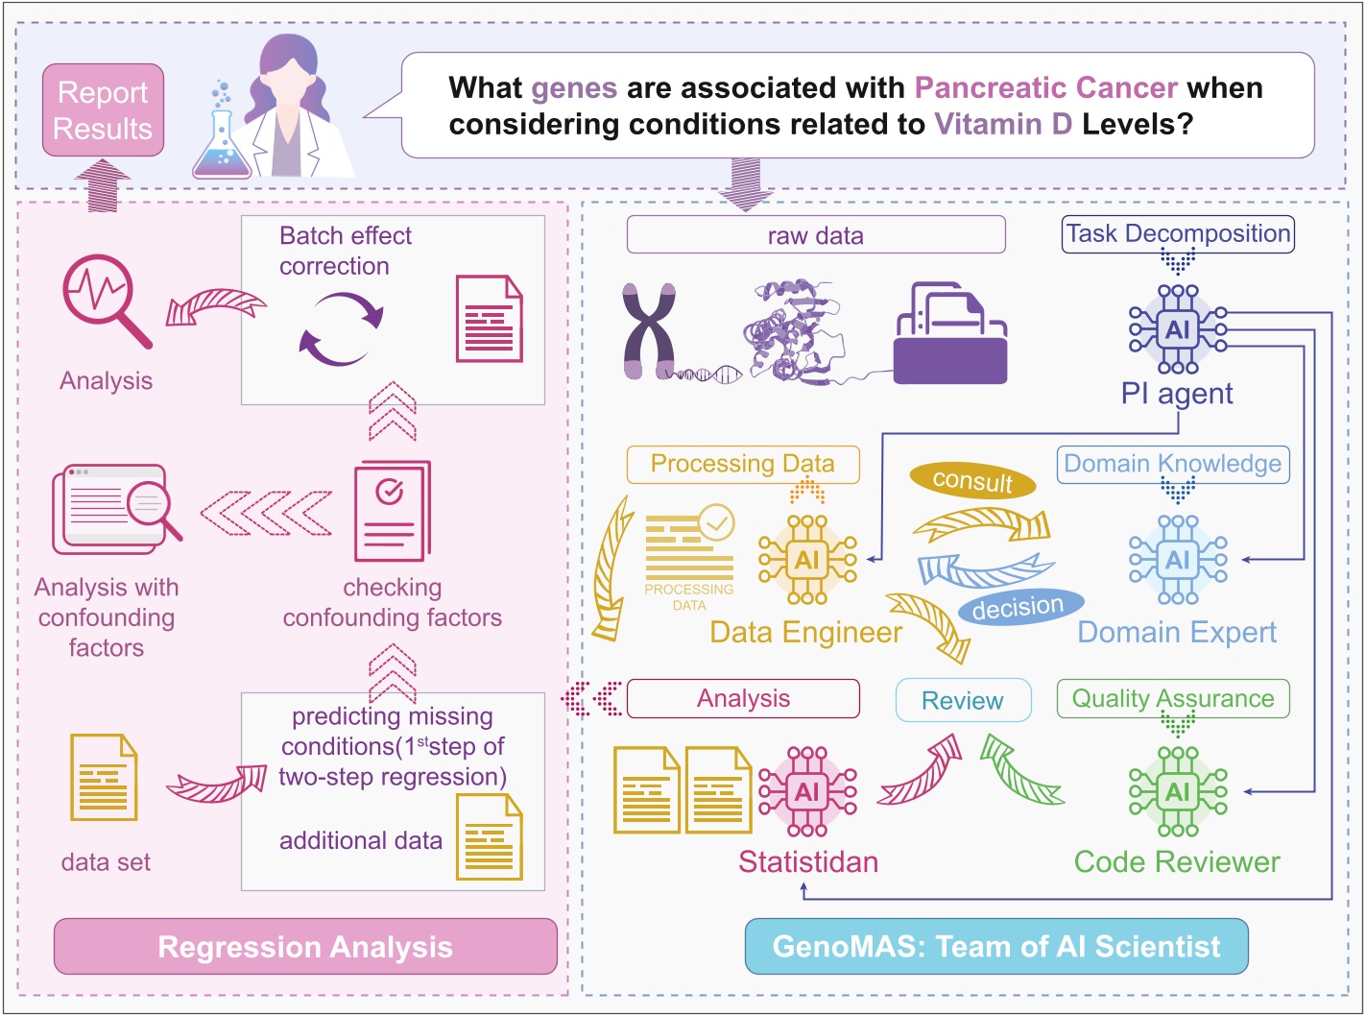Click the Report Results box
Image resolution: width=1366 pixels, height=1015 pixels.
click(x=103, y=110)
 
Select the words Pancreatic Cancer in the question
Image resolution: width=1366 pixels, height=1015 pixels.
click(x=1045, y=88)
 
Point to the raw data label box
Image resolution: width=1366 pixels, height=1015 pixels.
click(x=815, y=235)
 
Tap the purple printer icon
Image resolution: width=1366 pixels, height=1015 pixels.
click(x=949, y=333)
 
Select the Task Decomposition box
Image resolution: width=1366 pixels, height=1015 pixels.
click(x=1178, y=234)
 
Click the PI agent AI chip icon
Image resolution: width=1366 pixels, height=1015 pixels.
click(x=1178, y=329)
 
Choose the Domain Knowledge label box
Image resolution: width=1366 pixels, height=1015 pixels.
click(x=1172, y=464)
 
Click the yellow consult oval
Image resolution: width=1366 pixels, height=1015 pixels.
click(x=972, y=480)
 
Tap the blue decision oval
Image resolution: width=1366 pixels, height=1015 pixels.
click(x=1018, y=608)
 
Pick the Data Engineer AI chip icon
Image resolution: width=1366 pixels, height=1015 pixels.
click(x=807, y=560)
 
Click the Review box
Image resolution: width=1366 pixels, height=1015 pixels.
click(x=963, y=701)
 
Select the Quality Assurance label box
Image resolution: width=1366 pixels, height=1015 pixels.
click(x=1172, y=699)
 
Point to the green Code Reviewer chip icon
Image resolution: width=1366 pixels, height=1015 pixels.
click(x=1178, y=792)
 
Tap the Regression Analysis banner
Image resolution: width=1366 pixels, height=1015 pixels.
click(x=305, y=947)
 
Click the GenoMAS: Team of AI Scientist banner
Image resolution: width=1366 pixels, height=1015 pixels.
click(x=996, y=947)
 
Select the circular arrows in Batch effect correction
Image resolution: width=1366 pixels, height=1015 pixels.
click(x=341, y=328)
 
